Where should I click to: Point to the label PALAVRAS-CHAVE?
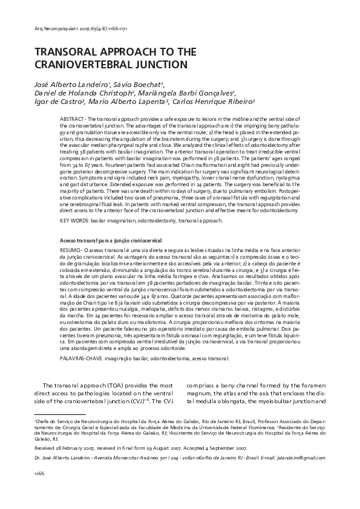click(x=85, y=357)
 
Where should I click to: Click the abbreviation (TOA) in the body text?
click(x=97, y=385)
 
